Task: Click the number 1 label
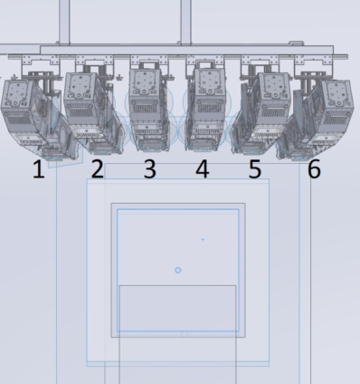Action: coord(38,169)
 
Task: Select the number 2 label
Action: coord(97,169)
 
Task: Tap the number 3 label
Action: coord(150,169)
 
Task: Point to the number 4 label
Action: coord(203,169)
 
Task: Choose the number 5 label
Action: coord(255,169)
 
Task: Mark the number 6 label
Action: coord(314,169)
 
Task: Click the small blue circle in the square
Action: coord(178,270)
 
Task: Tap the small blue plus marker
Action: coord(203,239)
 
